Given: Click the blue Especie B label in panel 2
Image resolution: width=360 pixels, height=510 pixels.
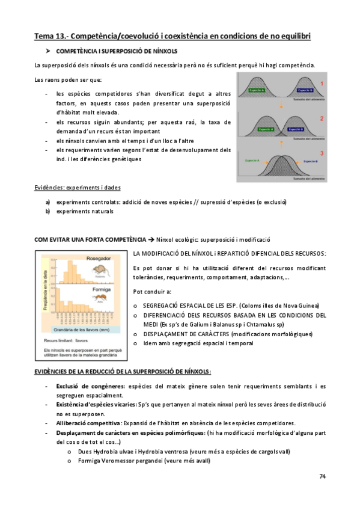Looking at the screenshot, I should pyautogui.click(x=297, y=129).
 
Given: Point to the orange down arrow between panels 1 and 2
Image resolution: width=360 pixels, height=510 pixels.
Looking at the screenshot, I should pyautogui.click(x=280, y=106).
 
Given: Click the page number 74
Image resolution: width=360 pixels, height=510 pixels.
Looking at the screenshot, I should pyautogui.click(x=322, y=476).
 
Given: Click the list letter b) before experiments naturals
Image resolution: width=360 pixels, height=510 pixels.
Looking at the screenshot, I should pyautogui.click(x=47, y=211).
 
